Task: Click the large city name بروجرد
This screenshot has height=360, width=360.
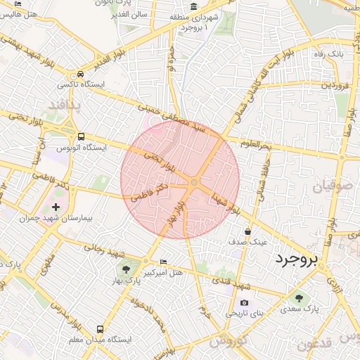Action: click(x=297, y=259)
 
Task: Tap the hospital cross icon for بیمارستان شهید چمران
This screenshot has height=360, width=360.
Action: click(x=56, y=207)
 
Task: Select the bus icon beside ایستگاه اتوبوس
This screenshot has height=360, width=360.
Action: click(x=82, y=136)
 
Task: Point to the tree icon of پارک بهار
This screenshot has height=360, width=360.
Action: click(x=127, y=269)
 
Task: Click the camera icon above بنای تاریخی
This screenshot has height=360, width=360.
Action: click(x=244, y=302)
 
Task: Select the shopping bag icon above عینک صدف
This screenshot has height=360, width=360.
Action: click(x=247, y=231)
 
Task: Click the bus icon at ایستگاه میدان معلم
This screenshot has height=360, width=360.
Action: click(x=101, y=328)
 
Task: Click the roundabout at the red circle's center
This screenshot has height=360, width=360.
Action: click(x=194, y=183)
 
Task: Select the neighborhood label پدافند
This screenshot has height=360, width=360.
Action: click(x=65, y=106)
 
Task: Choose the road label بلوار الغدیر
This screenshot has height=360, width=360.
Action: click(x=112, y=57)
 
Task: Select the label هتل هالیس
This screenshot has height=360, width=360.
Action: click(x=18, y=14)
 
